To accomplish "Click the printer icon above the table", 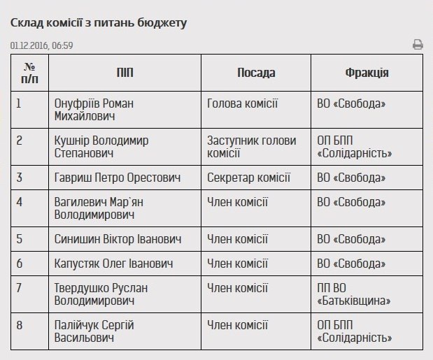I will pyautogui.click(x=418, y=45).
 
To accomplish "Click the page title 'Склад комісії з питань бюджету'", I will pyautogui.click(x=99, y=22).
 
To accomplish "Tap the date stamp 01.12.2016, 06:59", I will pyautogui.click(x=42, y=45).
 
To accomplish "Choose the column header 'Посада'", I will pyautogui.click(x=256, y=73).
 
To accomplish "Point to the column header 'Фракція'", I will pyautogui.click(x=367, y=73).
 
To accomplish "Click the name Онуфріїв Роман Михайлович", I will pyautogui.click(x=94, y=110).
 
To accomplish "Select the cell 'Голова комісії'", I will pyautogui.click(x=242, y=103).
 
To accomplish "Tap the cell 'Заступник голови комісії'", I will pyautogui.click(x=251, y=147).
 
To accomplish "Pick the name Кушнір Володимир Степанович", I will pyautogui.click(x=101, y=147).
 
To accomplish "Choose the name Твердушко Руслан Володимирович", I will pyautogui.click(x=101, y=294).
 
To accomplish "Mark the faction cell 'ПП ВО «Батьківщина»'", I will pyautogui.click(x=353, y=294).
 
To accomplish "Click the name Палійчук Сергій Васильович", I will pyautogui.click(x=94, y=331).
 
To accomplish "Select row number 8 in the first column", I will pyautogui.click(x=20, y=325).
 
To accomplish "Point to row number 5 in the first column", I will pyautogui.click(x=20, y=240).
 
